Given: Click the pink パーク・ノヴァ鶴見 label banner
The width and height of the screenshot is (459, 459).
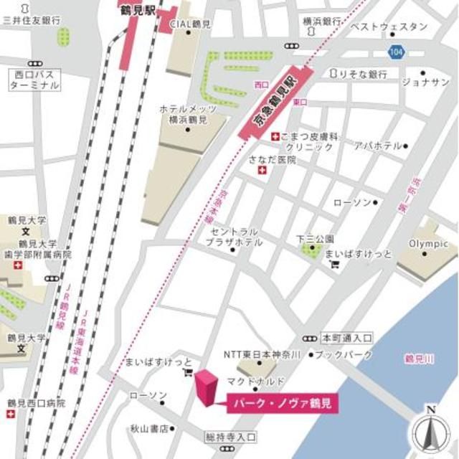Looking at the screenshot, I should pos(282,404).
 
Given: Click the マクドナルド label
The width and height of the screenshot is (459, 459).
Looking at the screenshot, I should pos(256,380).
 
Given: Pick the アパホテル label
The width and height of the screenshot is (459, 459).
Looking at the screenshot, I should pos(378,146).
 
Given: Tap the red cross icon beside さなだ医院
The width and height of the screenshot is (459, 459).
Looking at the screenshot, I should pos(262,171).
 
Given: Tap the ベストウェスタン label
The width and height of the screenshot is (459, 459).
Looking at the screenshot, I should pos(388,27).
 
